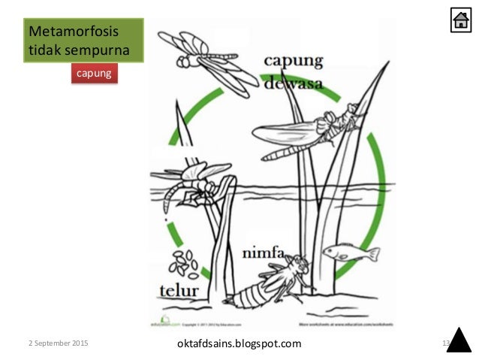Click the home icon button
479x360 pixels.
pos(461,21)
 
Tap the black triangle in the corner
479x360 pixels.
pos(459,340)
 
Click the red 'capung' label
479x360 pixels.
pos(95,74)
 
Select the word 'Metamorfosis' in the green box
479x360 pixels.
pos(64,32)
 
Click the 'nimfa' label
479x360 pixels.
pos(263,254)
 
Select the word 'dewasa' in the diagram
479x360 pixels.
pos(295,84)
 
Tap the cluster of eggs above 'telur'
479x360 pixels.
pos(183,262)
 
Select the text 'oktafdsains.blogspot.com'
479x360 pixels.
pos(237,343)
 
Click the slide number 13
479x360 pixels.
pos(445,343)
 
